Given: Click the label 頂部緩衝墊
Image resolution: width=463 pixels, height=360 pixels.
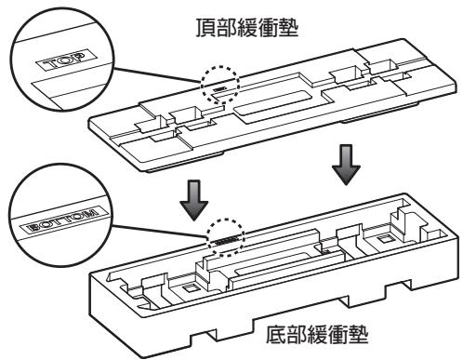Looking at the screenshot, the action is click(x=247, y=28).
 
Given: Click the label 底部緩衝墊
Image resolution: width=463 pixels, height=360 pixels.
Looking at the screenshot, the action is click(x=317, y=334).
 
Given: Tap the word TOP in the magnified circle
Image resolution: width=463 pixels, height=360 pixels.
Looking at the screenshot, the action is click(x=65, y=60).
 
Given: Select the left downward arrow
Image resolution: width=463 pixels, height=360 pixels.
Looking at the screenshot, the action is click(x=194, y=200).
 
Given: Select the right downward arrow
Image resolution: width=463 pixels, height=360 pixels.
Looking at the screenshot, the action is click(x=346, y=165).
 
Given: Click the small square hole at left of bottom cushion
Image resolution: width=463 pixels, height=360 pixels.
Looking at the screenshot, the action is click(x=190, y=288).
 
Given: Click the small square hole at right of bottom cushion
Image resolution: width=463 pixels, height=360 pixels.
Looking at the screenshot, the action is click(x=385, y=239).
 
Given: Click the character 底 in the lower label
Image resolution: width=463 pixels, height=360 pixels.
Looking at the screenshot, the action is click(x=276, y=334).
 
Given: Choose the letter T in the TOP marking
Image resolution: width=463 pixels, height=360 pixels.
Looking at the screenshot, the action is click(x=50, y=65).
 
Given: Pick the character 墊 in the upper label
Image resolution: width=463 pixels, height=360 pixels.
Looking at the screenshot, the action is click(x=288, y=28).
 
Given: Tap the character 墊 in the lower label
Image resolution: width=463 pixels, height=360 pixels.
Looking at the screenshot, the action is click(x=359, y=334).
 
